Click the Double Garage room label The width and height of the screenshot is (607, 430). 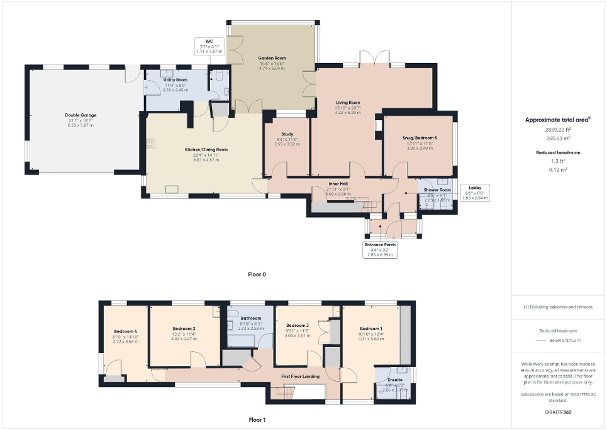pos(80,115)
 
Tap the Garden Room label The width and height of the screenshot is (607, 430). pos(271,58)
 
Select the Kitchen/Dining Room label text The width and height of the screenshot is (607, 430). pos(206,149)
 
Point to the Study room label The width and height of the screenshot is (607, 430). pos(286,133)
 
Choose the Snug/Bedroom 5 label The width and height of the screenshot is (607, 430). pos(419,137)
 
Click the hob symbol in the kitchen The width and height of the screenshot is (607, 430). pos(151,144)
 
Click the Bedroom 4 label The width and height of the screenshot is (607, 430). pos(125,331)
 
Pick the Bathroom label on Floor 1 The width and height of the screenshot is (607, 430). pos(250,319)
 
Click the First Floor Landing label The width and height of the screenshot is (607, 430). pos(301,376)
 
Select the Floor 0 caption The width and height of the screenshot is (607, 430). pos(257,274)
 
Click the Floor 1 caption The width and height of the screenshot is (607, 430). pos(257,419)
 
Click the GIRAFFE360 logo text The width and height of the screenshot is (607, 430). pos(559,412)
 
